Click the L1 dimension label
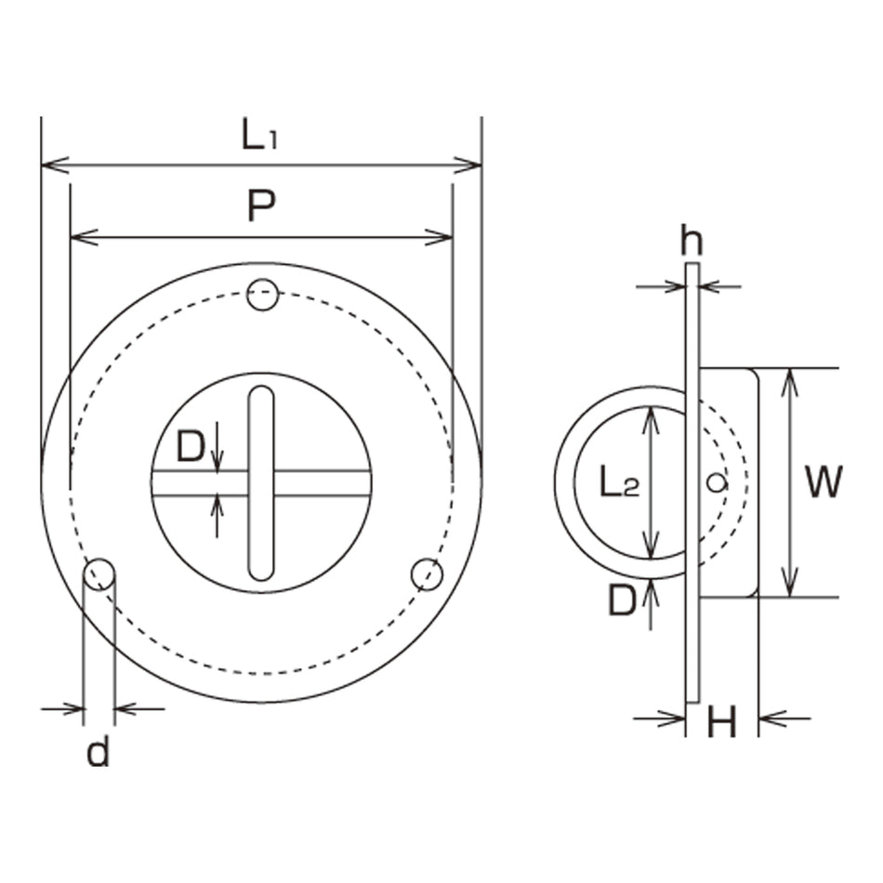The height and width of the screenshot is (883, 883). click(x=259, y=134)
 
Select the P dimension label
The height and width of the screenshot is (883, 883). click(x=261, y=205)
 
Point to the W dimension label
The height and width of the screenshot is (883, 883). click(x=824, y=482)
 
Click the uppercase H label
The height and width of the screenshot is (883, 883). click(x=722, y=722)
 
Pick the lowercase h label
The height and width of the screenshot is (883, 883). click(x=692, y=240)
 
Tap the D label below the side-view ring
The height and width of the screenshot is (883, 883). click(x=622, y=600)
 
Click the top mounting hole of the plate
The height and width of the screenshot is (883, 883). click(x=262, y=295)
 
